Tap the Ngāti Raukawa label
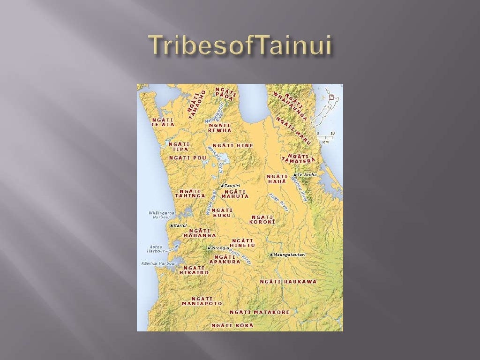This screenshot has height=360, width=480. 288,282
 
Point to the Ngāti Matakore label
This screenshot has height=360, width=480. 259,312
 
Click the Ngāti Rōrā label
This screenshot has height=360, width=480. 232,325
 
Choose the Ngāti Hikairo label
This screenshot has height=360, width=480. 194,270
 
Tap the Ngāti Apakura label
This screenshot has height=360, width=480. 224,259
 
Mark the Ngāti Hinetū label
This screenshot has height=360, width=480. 243,243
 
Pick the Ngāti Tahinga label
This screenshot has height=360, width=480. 190,193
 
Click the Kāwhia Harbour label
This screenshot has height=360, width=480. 158,263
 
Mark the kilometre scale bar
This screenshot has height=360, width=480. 325,137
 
